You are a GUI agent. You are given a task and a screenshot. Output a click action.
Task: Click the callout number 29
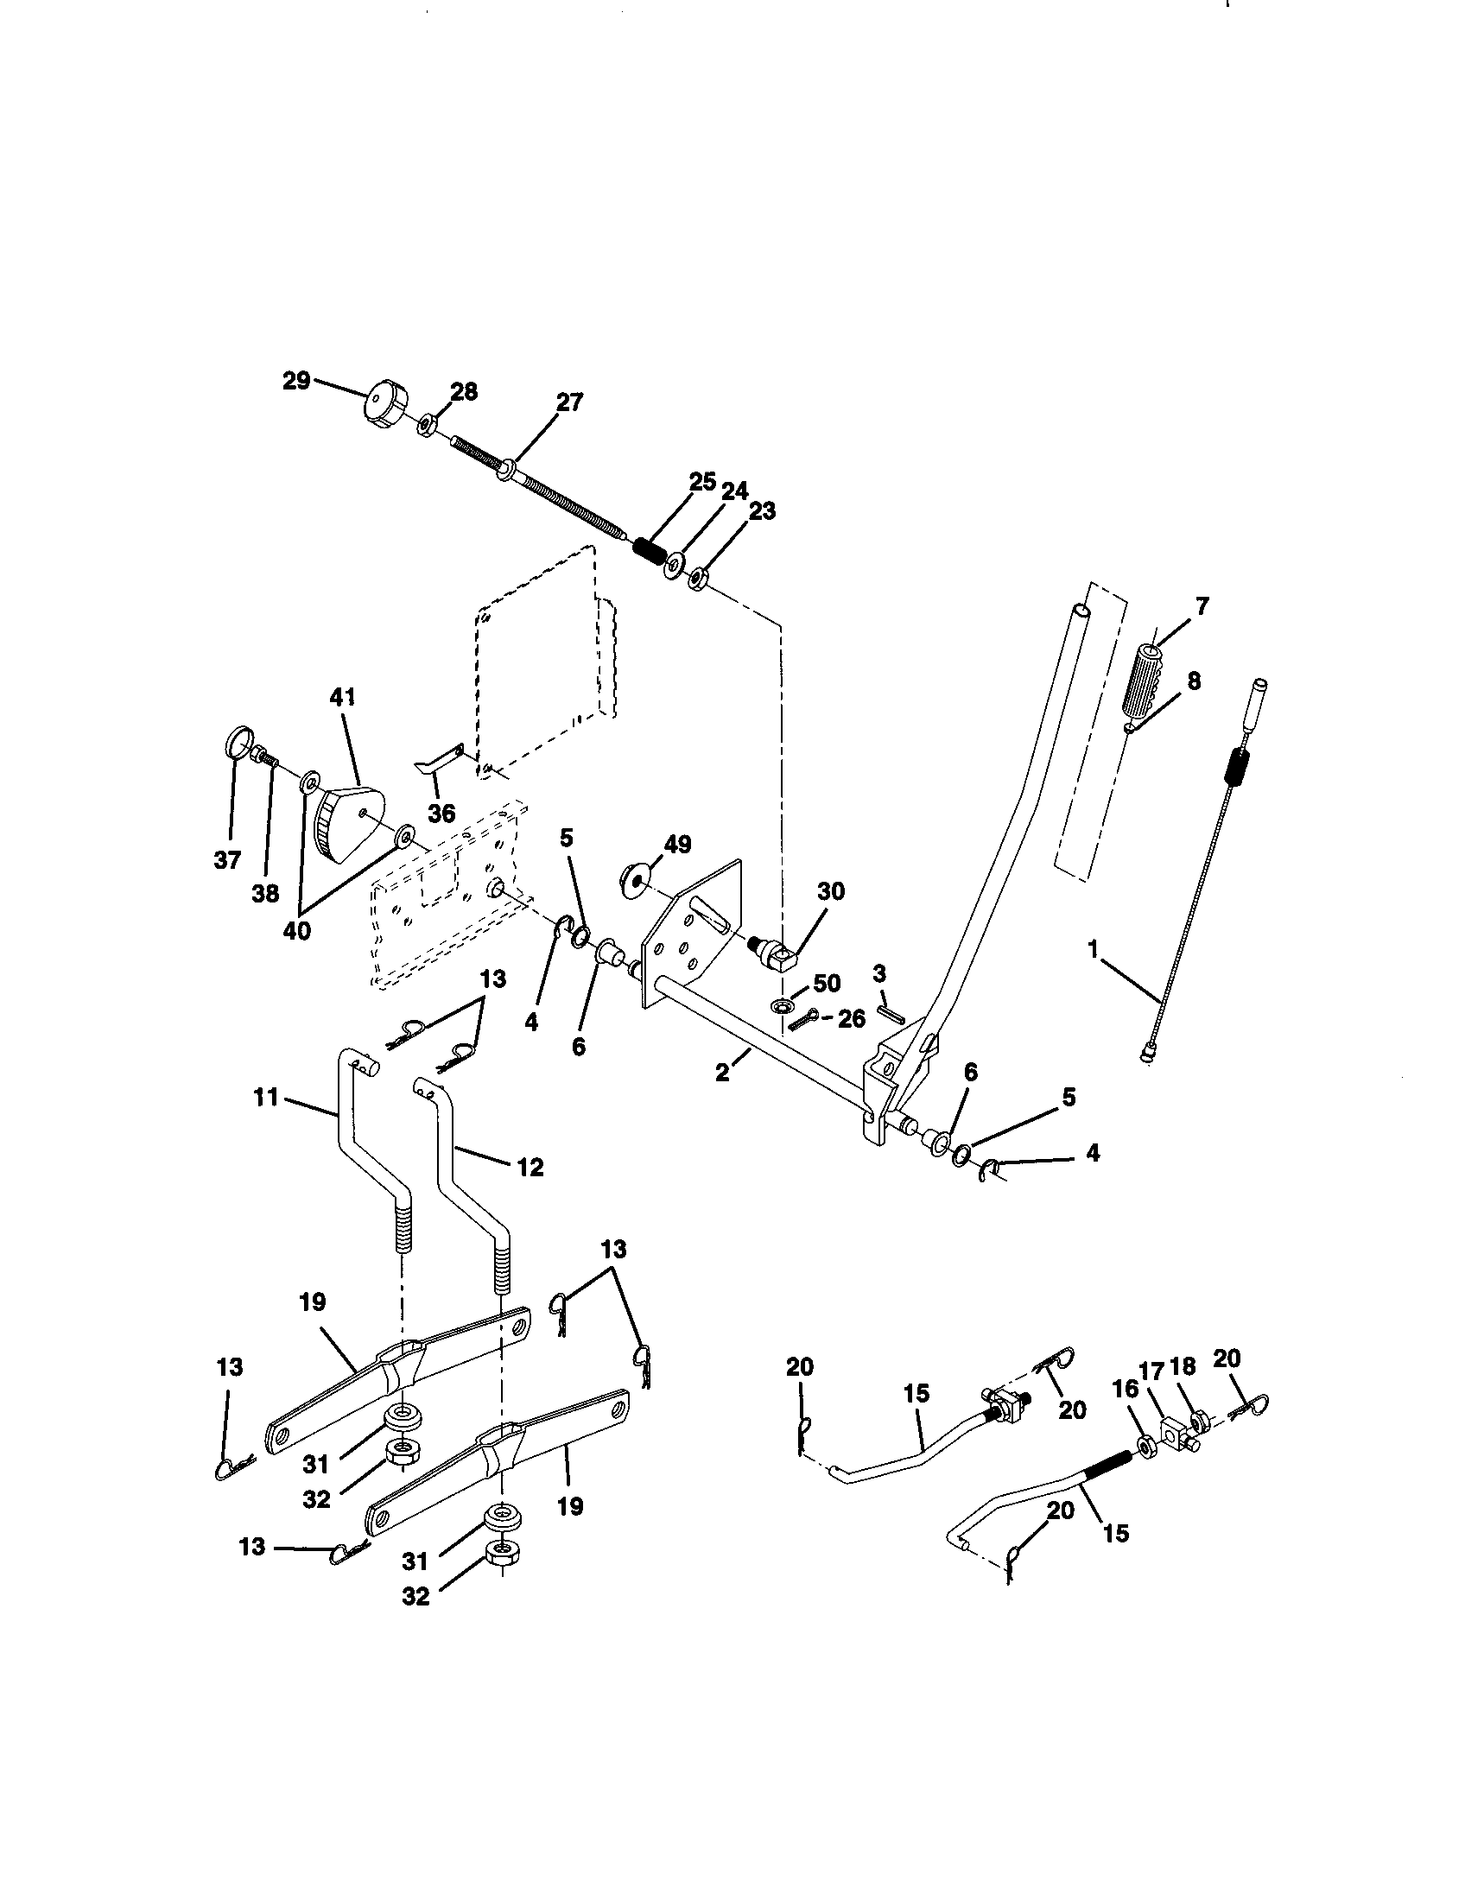click(296, 380)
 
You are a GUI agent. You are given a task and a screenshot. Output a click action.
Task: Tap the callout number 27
click(570, 402)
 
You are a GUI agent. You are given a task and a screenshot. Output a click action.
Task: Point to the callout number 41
click(343, 697)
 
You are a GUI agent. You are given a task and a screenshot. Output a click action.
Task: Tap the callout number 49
click(677, 844)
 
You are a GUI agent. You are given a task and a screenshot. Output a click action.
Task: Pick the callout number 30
click(831, 891)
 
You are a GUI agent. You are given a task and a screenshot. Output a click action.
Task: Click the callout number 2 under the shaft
click(723, 1073)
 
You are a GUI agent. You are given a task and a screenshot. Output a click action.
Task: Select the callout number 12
click(530, 1167)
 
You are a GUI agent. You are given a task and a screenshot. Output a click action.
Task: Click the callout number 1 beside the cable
click(1094, 950)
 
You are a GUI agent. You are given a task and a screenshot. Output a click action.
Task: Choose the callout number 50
click(827, 984)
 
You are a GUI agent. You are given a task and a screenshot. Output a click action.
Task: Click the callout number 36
click(442, 814)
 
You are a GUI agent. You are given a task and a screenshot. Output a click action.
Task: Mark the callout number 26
click(853, 1019)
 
